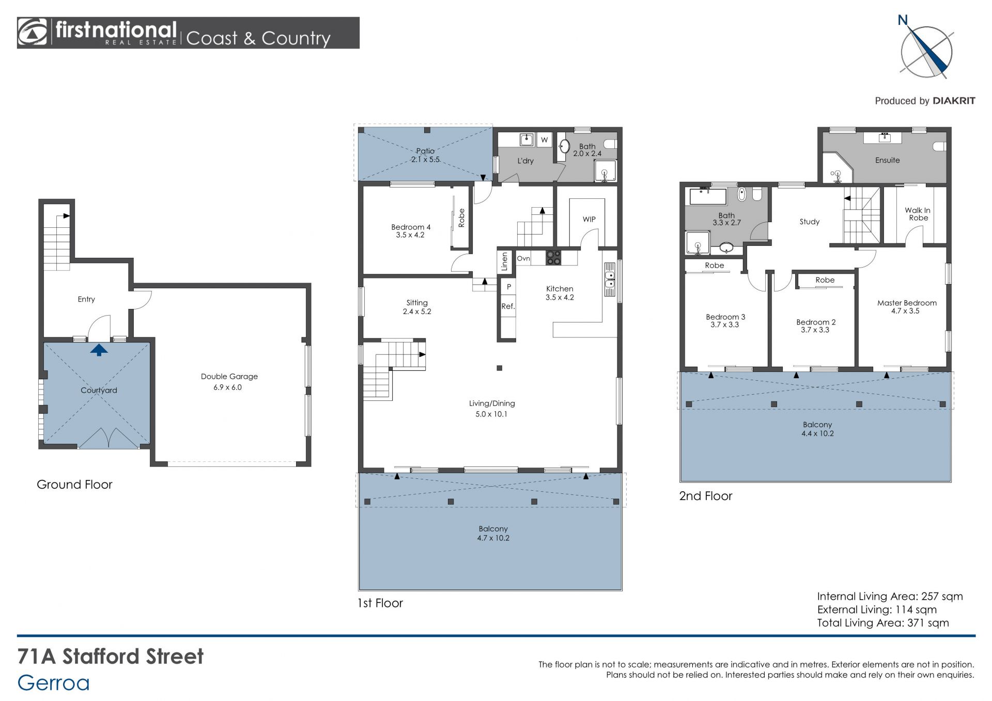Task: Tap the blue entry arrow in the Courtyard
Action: pyautogui.click(x=99, y=350)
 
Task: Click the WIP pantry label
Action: pyautogui.click(x=589, y=219)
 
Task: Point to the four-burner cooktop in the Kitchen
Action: pyautogui.click(x=553, y=258)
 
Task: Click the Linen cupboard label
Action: pyautogui.click(x=505, y=262)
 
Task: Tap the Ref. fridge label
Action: pyautogui.click(x=508, y=306)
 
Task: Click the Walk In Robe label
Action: pyautogui.click(x=918, y=214)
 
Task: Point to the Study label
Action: pyautogui.click(x=810, y=222)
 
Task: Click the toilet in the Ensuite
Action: pyautogui.click(x=940, y=147)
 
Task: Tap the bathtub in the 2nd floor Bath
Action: pyautogui.click(x=708, y=197)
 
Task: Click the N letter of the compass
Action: pyautogui.click(x=903, y=20)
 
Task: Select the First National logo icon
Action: pyautogui.click(x=33, y=32)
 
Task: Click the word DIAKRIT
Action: pyautogui.click(x=954, y=101)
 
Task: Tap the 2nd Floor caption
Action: pyautogui.click(x=706, y=496)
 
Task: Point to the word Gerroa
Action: pyautogui.click(x=54, y=683)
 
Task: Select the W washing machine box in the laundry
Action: pyautogui.click(x=544, y=139)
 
